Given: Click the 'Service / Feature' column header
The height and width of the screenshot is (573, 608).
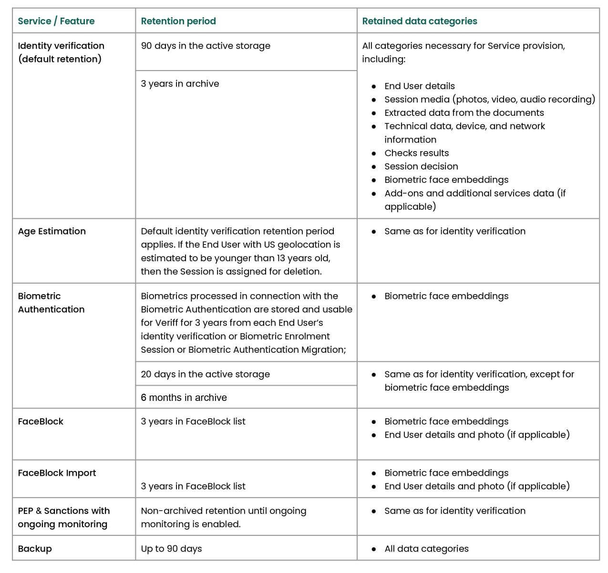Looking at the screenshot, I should click(x=56, y=21).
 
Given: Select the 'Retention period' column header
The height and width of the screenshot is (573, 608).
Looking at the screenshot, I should click(x=178, y=21).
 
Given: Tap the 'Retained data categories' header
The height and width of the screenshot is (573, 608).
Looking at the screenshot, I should click(x=420, y=21).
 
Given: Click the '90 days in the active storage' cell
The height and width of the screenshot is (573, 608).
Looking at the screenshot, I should click(x=206, y=46).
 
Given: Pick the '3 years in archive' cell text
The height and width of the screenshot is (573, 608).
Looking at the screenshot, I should click(x=180, y=83).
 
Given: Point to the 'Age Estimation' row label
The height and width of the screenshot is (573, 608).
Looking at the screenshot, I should click(x=52, y=231).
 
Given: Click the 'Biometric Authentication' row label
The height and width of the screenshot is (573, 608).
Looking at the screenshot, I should click(x=51, y=303).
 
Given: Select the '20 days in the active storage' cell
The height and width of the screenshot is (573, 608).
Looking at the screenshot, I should click(x=205, y=374).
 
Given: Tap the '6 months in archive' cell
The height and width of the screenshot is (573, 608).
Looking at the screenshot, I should click(x=184, y=398).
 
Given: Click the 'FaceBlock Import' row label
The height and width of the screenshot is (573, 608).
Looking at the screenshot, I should click(x=57, y=473).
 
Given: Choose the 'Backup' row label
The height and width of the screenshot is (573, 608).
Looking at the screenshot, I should click(x=35, y=549).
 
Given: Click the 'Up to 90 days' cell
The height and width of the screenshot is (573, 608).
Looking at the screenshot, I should click(x=171, y=549).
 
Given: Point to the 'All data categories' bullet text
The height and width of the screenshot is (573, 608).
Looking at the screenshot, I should click(x=426, y=549).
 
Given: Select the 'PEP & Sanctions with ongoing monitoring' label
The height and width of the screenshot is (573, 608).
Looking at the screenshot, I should click(x=64, y=517).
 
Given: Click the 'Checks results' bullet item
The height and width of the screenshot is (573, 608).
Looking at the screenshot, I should click(x=416, y=153).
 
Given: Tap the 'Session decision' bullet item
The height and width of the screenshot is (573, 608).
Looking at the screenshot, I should click(x=421, y=166).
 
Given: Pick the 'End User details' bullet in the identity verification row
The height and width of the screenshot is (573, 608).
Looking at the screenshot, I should click(x=420, y=86).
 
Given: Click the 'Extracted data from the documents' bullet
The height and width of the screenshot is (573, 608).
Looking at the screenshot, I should click(x=464, y=113).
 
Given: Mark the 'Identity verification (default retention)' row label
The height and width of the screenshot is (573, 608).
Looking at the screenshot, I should click(x=61, y=52).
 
